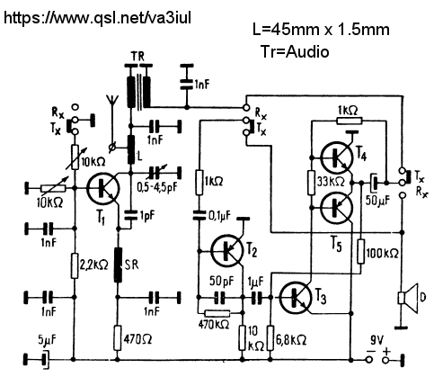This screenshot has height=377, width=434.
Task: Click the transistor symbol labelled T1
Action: [x=103, y=188]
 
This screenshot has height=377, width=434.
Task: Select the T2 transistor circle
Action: [x=227, y=250]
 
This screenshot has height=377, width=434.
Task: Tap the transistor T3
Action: [x=296, y=298]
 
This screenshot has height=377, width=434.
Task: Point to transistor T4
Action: [x=337, y=157]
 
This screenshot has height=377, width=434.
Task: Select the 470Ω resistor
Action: [x=118, y=337]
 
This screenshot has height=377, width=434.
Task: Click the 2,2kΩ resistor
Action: [x=75, y=265]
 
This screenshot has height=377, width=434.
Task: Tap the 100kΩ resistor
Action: [x=361, y=251]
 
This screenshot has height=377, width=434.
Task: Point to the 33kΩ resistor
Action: [x=312, y=183]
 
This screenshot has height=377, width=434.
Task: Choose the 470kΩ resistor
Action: [x=217, y=314]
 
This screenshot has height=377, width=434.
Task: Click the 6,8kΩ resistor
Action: [x=270, y=338]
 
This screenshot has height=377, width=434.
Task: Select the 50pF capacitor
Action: [x=219, y=297]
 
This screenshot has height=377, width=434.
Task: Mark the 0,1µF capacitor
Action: [x=198, y=215]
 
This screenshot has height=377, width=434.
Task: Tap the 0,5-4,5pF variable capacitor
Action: [x=155, y=173]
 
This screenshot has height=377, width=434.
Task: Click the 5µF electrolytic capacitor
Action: [x=45, y=358]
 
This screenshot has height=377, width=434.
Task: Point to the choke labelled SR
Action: [x=119, y=265]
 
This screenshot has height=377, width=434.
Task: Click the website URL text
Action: [x=97, y=18]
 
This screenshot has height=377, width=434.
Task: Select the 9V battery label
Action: [x=376, y=340]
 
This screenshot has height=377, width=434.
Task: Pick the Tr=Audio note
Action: [x=295, y=51]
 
